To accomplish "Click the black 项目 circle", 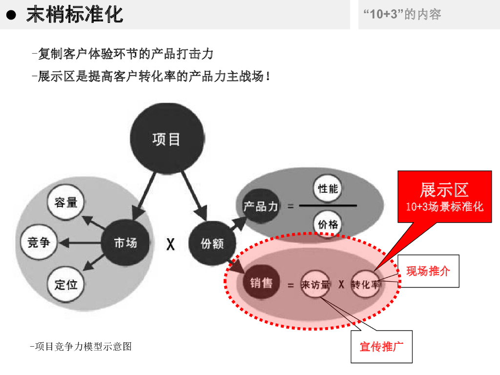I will (x=167, y=139).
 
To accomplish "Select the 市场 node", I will (x=125, y=243).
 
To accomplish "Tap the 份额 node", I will (x=212, y=243).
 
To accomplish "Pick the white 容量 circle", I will (x=65, y=202).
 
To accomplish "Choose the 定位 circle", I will (x=66, y=284).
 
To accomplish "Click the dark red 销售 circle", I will (x=261, y=282).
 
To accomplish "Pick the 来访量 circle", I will (x=315, y=284).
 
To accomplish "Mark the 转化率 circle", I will (x=365, y=284).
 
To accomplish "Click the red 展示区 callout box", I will (x=444, y=196).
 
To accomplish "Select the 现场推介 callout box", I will (x=428, y=271).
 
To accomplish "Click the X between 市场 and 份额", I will (x=170, y=244).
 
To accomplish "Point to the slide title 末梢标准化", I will (x=74, y=15).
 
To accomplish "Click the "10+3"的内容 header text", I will (x=402, y=14).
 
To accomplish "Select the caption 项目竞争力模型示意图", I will (x=81, y=347).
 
